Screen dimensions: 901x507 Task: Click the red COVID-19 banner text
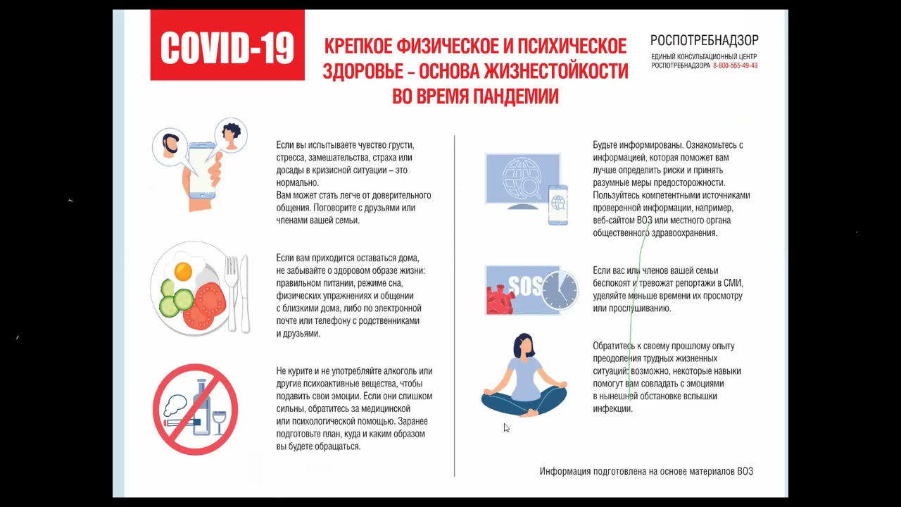point(227,47)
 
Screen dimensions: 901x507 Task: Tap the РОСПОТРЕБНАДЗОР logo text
point(705,40)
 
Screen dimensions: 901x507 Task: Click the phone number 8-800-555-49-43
point(736,65)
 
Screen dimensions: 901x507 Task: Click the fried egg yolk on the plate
point(183,271)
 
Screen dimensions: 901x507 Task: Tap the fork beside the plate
point(231,293)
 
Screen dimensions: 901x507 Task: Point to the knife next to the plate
point(244,294)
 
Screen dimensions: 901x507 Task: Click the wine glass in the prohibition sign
point(219,423)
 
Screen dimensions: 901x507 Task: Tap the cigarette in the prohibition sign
point(182,423)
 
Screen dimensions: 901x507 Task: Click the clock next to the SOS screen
point(560,290)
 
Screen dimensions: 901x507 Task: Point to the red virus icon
point(500,300)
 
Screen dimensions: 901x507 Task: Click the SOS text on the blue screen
point(525,285)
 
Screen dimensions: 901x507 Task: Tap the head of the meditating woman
point(524,346)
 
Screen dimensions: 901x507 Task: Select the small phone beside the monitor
point(558,205)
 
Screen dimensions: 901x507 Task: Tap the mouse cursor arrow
point(506,427)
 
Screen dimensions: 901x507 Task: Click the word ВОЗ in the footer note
point(745,471)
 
